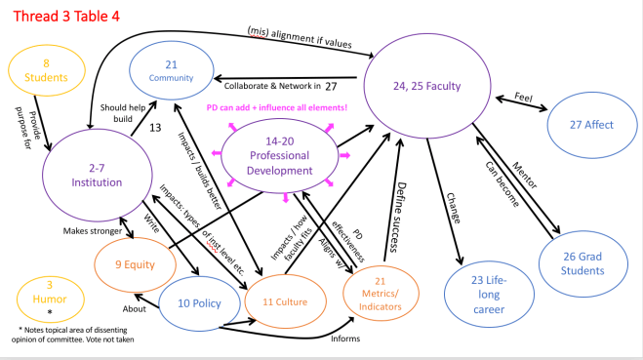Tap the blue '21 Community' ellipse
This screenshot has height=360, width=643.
coord(171,69)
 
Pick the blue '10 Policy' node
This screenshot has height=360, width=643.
coord(199,303)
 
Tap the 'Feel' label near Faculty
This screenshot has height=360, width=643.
coord(524,97)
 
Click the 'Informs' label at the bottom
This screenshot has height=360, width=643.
coord(344,339)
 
